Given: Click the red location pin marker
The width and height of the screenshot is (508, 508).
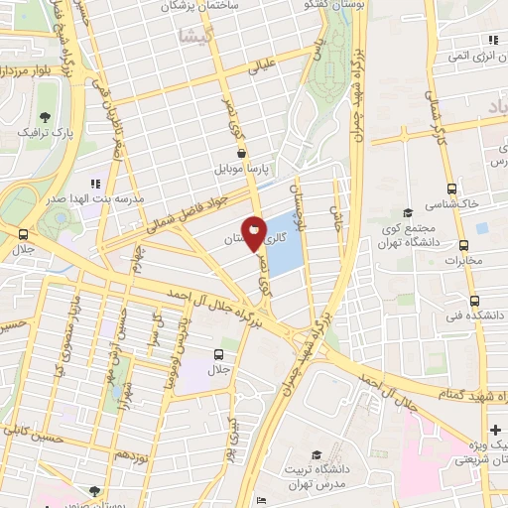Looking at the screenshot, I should coord(255,234).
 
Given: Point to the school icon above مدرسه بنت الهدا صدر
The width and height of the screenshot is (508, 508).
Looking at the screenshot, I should coord(97,184).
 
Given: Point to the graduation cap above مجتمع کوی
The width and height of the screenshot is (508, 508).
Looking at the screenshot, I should coord(406,213).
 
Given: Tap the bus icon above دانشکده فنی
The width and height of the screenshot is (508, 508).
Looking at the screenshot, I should coord(474,300).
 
